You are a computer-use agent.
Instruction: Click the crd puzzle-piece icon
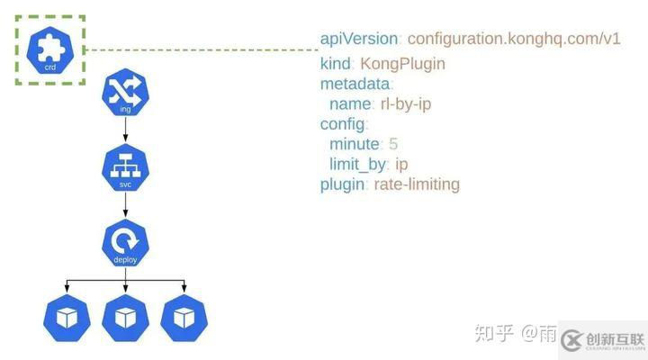click(x=50, y=49)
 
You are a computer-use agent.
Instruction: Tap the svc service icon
click(x=125, y=169)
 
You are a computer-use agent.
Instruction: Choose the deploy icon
click(x=125, y=243)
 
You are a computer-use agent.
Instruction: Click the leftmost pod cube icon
click(x=67, y=315)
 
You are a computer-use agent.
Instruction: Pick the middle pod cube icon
click(x=125, y=315)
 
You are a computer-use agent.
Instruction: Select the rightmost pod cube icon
click(x=184, y=315)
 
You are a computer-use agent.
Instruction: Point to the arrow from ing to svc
click(x=125, y=130)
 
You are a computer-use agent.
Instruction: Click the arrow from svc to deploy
click(x=125, y=206)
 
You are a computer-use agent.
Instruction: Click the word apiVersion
click(x=357, y=40)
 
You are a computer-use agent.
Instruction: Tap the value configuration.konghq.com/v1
click(x=513, y=40)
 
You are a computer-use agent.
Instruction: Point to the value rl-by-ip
click(x=406, y=103)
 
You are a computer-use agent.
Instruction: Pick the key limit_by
click(x=357, y=164)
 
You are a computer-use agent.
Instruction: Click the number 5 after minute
click(x=393, y=144)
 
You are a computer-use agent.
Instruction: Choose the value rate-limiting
click(x=417, y=184)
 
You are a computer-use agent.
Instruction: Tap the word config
click(x=343, y=124)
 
